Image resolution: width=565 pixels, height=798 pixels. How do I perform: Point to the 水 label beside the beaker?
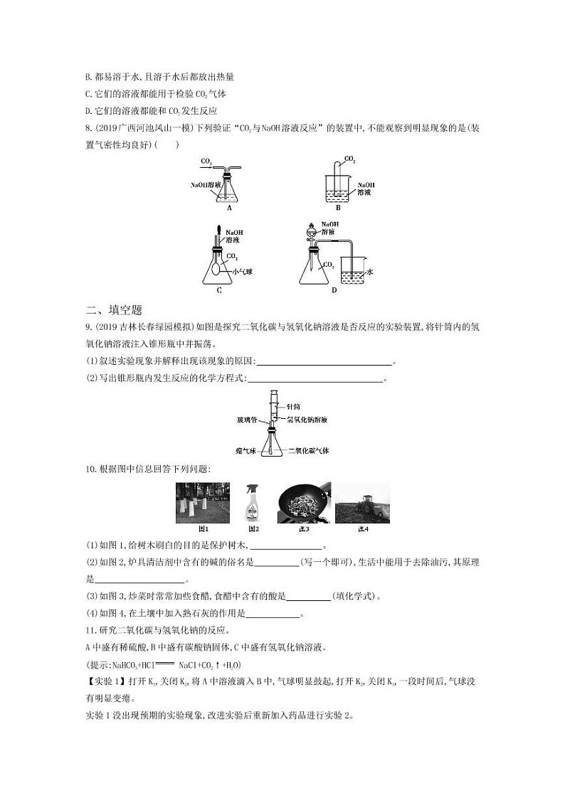pos(371,272)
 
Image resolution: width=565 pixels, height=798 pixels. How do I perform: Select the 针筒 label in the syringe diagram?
pos(292,406)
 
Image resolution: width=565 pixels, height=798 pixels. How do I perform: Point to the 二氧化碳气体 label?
pos(307,450)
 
